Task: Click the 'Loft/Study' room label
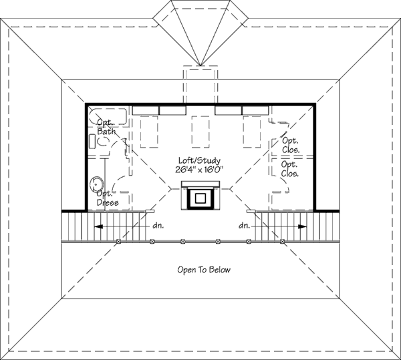(x=199, y=160)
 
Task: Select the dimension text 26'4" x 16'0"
(x=199, y=170)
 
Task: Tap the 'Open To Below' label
(x=204, y=270)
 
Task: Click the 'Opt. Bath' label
(x=106, y=127)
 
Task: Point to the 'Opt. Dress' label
(x=107, y=198)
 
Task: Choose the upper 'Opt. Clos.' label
(x=289, y=145)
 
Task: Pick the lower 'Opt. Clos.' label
(x=289, y=168)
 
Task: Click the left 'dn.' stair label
(x=158, y=226)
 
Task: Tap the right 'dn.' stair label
(x=244, y=226)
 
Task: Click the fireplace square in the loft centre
(x=200, y=198)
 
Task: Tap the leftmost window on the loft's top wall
(x=145, y=109)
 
